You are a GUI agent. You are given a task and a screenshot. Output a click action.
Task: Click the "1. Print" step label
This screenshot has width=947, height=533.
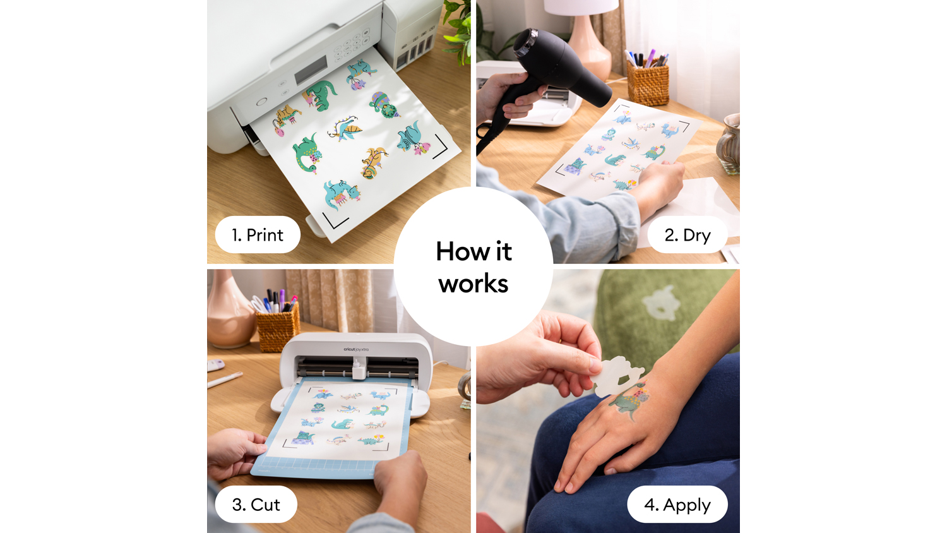(x=258, y=235)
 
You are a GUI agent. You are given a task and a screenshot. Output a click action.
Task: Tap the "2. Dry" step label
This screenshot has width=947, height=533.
(x=688, y=235)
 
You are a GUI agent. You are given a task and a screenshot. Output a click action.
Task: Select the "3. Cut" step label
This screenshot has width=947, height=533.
(x=256, y=504)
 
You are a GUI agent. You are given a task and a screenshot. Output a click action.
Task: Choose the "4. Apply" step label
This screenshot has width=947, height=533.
(x=677, y=504)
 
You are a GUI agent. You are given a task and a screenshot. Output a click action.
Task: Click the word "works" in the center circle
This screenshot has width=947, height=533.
(x=473, y=284)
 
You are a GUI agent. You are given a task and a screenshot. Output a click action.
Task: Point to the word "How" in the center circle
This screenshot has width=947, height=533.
(x=463, y=251)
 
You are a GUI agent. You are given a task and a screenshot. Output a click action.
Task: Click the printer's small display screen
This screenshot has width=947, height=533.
(x=311, y=70)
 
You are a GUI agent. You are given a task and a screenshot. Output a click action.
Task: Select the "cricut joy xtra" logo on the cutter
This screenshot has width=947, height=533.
(x=356, y=349)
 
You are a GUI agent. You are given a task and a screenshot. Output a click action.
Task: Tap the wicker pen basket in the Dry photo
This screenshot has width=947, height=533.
(x=648, y=83)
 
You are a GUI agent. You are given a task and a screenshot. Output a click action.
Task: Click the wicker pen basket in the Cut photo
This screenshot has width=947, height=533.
(x=277, y=326)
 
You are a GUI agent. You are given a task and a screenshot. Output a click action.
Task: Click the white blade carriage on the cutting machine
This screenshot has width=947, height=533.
(x=359, y=368)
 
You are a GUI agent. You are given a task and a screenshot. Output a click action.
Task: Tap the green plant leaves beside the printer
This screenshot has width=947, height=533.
(x=459, y=30)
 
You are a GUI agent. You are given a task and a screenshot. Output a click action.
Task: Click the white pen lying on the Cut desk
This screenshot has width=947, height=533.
(x=225, y=380)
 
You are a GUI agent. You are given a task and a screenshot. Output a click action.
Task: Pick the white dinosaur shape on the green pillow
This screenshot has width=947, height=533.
(x=661, y=303)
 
